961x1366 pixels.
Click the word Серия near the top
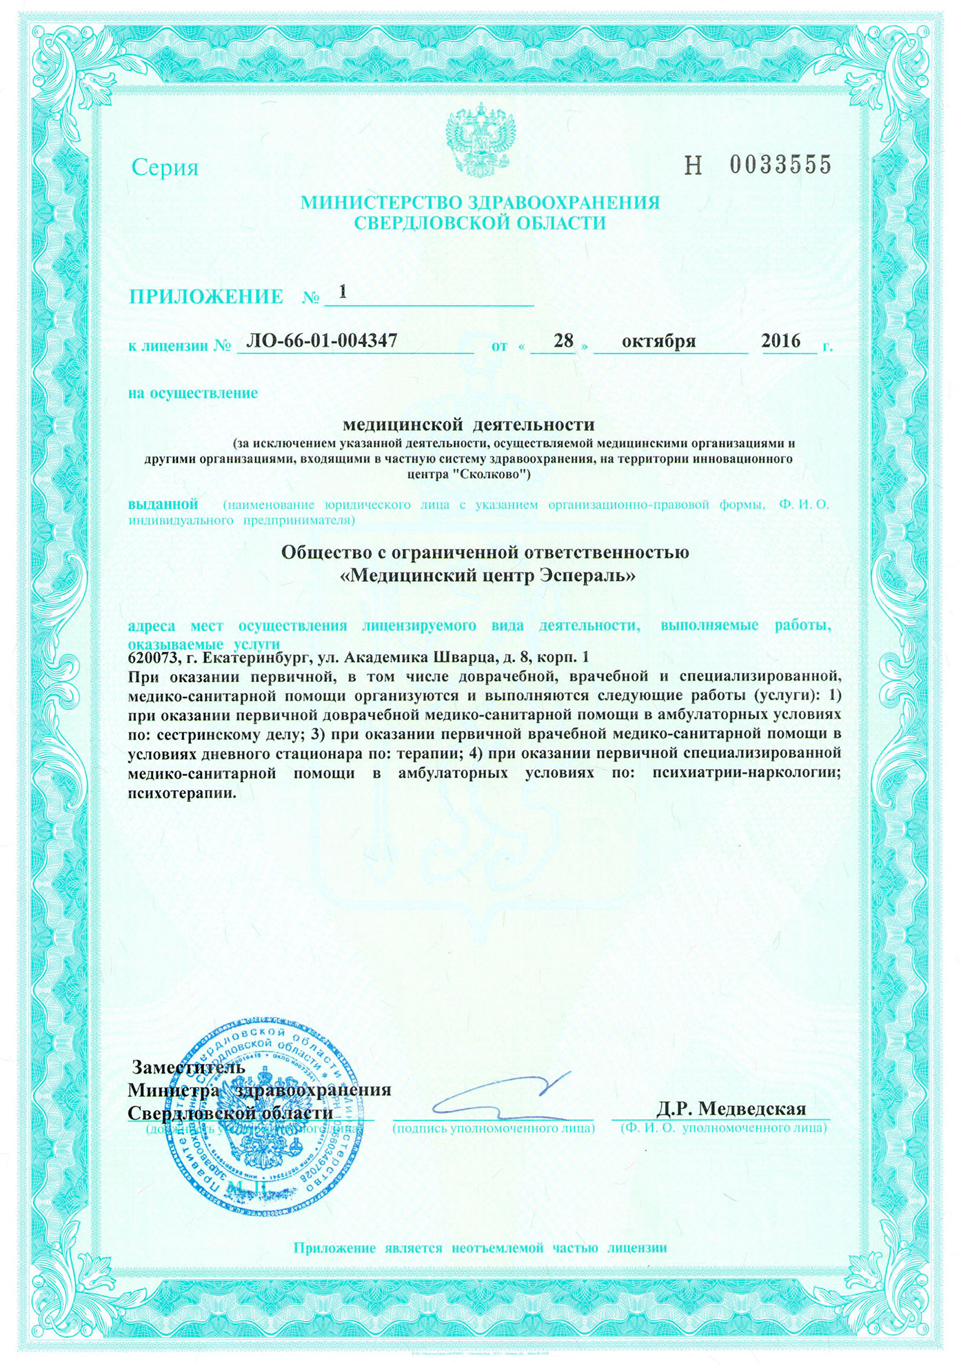coord(165,168)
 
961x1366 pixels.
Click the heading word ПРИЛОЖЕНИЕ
coord(206,297)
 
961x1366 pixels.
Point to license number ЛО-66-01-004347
coord(321,340)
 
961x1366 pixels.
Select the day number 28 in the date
coord(564,341)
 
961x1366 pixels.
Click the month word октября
coord(658,341)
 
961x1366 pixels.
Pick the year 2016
coord(780,341)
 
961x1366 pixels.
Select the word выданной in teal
coord(163,504)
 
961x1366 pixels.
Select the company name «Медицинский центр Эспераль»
coord(488,576)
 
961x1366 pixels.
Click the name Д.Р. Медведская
coord(731,1108)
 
